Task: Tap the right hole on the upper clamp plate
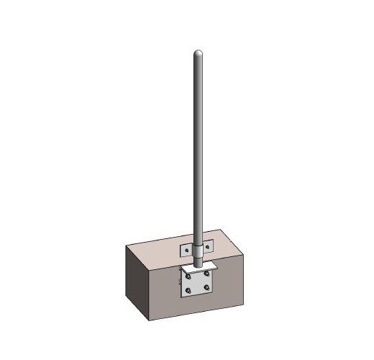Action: click(208, 247)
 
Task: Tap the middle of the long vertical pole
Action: click(197, 151)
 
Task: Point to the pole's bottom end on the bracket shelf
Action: click(197, 264)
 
